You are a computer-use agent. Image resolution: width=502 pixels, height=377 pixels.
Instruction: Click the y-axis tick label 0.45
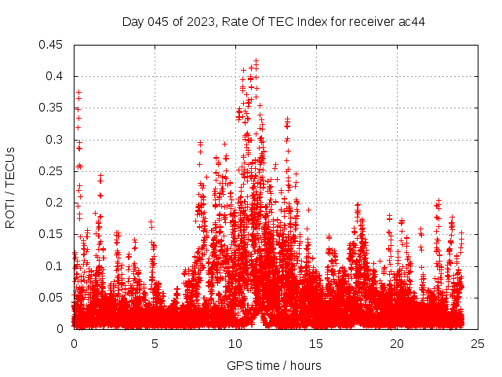tap(53, 45)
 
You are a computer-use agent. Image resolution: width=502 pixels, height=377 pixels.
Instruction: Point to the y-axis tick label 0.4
tap(56, 76)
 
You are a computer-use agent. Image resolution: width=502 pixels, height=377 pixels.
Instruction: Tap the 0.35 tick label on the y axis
tap(53, 108)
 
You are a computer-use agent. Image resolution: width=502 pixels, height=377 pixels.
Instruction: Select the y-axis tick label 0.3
tap(56, 139)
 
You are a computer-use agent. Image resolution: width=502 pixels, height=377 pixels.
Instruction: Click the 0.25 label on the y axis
tap(53, 171)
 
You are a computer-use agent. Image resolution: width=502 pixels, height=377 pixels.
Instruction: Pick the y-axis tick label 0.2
tap(56, 203)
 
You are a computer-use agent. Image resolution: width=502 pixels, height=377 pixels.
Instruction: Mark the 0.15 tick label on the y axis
tap(53, 234)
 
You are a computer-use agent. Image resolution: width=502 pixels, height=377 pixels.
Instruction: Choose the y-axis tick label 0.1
tap(56, 265)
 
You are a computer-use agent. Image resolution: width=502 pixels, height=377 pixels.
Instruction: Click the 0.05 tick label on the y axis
tap(53, 297)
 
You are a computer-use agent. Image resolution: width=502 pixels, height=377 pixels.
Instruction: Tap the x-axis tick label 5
tap(155, 344)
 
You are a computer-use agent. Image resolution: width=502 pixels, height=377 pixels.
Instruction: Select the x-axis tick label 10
tap(235, 344)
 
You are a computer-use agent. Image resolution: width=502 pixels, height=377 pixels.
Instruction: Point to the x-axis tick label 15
tap(316, 344)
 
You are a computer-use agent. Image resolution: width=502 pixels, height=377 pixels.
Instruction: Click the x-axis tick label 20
tap(397, 344)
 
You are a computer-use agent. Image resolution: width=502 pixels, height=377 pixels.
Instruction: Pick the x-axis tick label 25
tap(478, 344)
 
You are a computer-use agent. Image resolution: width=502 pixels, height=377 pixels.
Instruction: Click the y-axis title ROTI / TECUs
tap(10, 187)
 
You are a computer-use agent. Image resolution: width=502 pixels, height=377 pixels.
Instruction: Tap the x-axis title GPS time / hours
tap(274, 365)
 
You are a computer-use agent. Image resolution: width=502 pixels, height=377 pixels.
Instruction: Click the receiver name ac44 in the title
tap(410, 21)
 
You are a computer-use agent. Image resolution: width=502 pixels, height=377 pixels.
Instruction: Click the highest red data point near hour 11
tap(256, 60)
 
